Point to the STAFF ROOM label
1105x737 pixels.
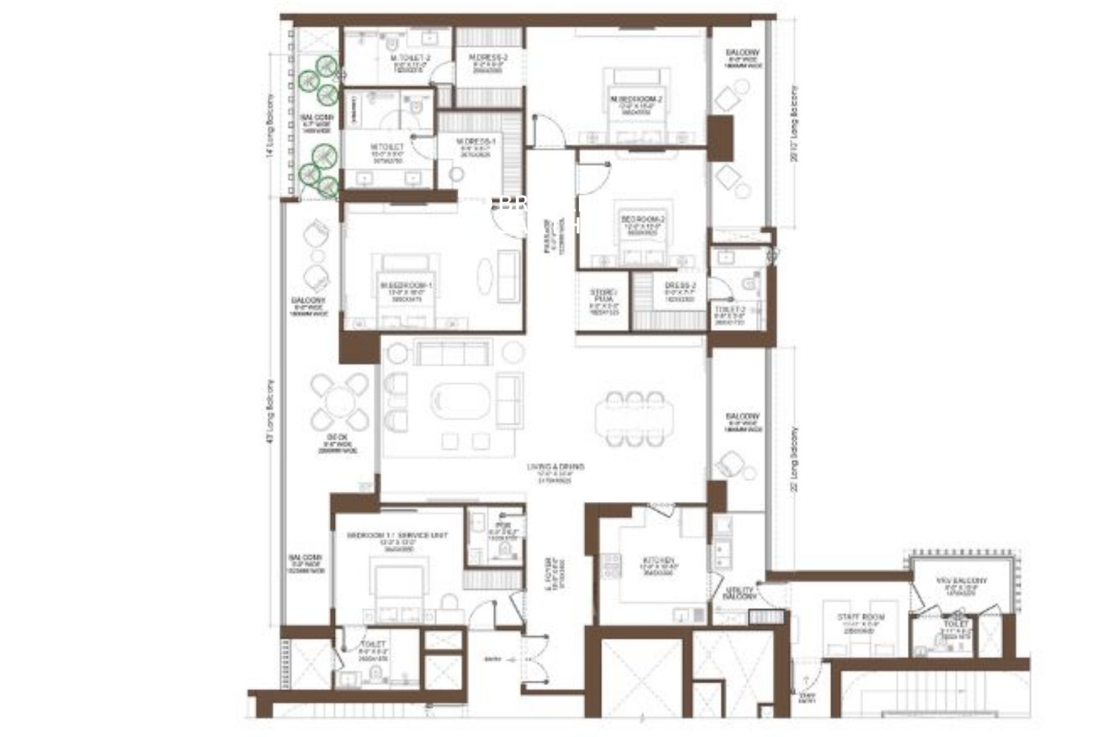860,617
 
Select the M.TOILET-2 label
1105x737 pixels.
410,58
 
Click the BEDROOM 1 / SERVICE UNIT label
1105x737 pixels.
397,535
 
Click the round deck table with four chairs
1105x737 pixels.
340,402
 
